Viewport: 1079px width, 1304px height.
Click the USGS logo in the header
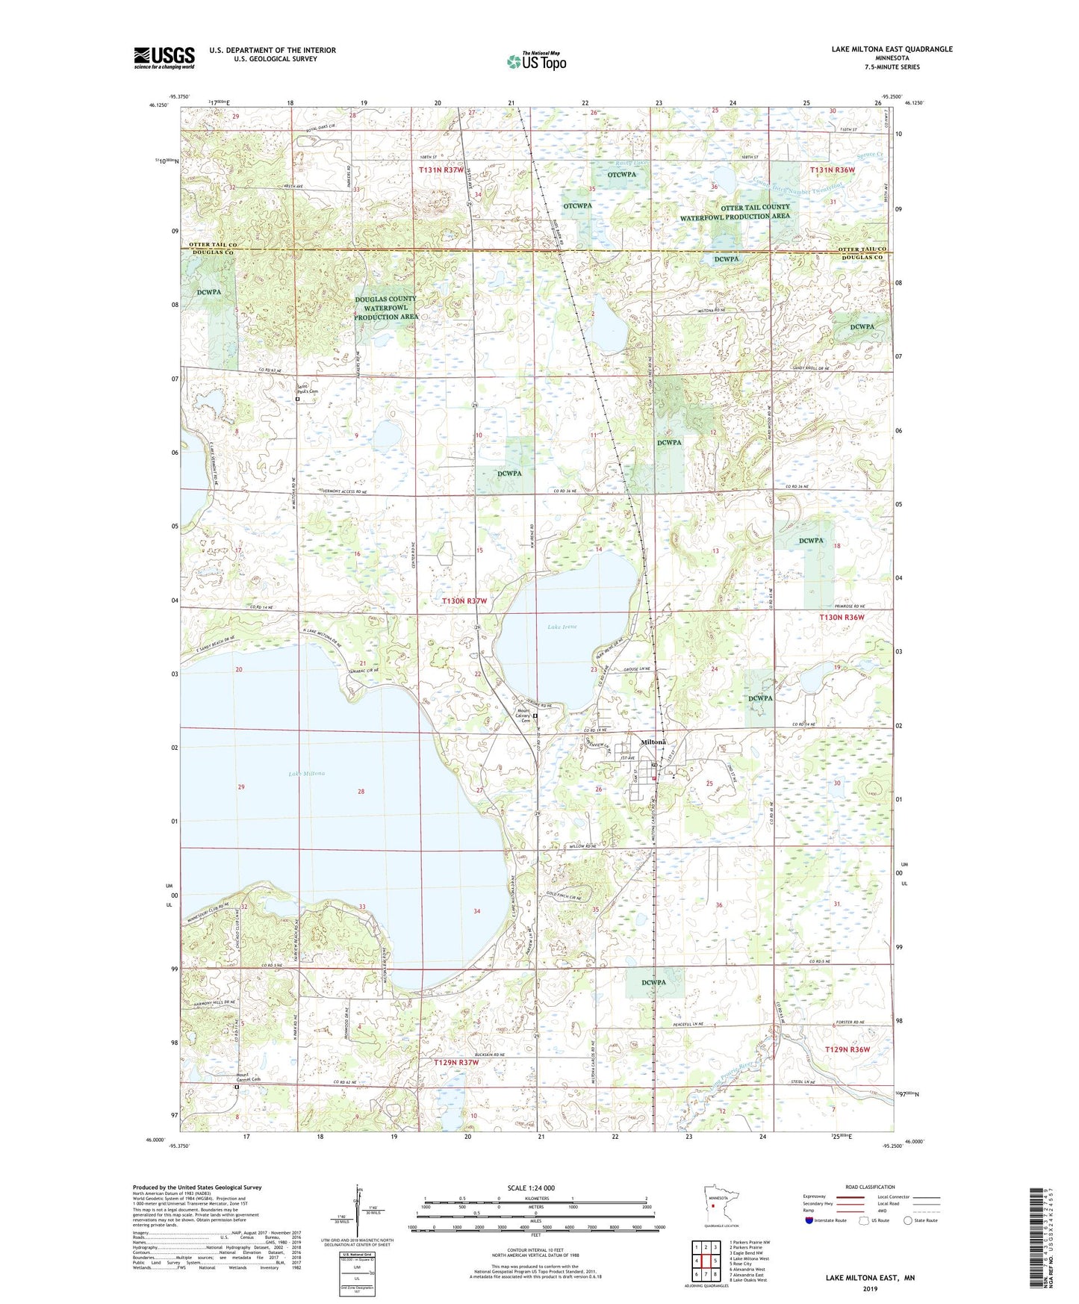tap(164, 58)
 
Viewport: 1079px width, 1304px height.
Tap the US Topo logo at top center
tap(536, 61)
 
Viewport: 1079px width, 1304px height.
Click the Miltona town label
tap(653, 742)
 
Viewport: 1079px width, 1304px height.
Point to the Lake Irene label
tap(563, 627)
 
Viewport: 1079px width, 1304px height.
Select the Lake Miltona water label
tap(307, 774)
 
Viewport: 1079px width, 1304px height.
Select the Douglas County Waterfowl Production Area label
tap(386, 308)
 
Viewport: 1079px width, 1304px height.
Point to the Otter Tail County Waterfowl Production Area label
tap(735, 211)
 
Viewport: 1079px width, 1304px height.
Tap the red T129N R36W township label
tap(847, 1049)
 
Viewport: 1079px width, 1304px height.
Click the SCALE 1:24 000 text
tap(531, 1188)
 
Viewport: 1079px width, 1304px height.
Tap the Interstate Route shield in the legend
tap(810, 1220)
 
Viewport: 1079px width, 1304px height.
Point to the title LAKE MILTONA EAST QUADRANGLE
tap(892, 49)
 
